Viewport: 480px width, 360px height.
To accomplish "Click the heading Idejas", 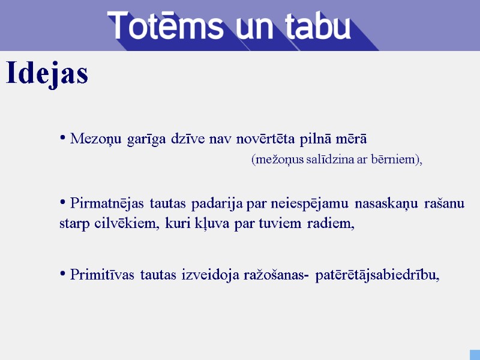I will pos(47,74).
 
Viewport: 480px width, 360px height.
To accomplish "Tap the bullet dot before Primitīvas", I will pos(63,274).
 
